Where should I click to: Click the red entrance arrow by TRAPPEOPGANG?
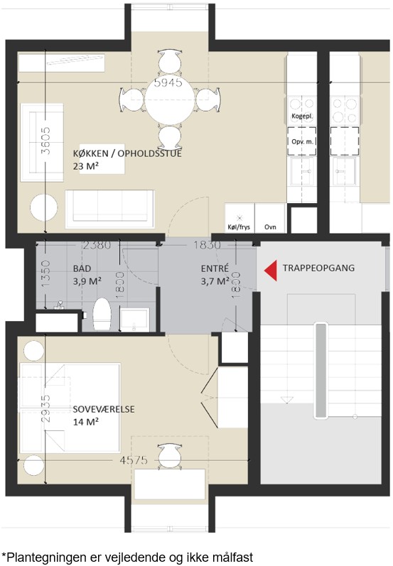(x=271, y=270)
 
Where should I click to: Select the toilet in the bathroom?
(x=102, y=314)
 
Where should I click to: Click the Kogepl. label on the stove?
(x=302, y=116)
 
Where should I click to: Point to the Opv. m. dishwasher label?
(x=302, y=141)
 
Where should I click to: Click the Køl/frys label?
(x=239, y=227)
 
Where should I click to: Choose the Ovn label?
(x=270, y=227)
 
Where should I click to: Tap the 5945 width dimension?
(x=168, y=82)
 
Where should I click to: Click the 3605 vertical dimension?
(x=45, y=141)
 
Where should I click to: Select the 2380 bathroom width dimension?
(x=97, y=246)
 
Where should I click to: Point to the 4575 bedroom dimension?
(x=134, y=460)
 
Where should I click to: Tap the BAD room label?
(x=82, y=268)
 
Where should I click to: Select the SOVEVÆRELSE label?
(x=104, y=409)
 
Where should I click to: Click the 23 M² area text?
(x=86, y=166)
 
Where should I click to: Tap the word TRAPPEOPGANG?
(x=318, y=268)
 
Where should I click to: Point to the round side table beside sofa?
(x=44, y=208)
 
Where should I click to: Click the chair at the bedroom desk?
(x=170, y=455)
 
